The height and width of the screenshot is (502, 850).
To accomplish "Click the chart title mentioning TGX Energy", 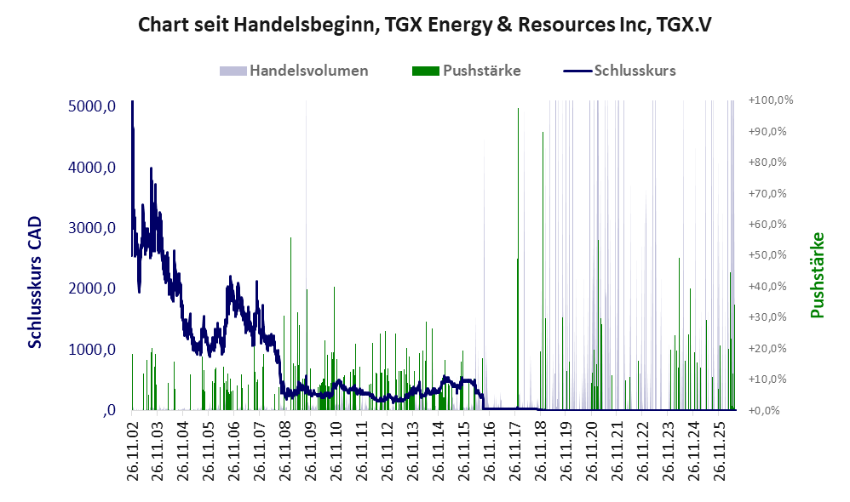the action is pyautogui.click(x=424, y=25).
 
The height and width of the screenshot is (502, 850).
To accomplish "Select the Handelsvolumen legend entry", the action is pyautogui.click(x=294, y=71).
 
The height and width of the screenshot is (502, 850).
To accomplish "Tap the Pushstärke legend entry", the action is pyautogui.click(x=466, y=71).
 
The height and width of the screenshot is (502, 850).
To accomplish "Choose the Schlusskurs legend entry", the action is pyautogui.click(x=619, y=71).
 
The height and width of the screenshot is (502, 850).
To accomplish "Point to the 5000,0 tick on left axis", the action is pyautogui.click(x=92, y=106).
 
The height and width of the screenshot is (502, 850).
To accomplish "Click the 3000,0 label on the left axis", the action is pyautogui.click(x=92, y=228).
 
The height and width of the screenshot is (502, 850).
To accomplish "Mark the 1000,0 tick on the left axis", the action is pyautogui.click(x=92, y=350).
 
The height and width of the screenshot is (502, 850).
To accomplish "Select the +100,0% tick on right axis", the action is pyautogui.click(x=770, y=100).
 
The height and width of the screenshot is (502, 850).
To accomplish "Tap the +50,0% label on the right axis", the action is pyautogui.click(x=767, y=255).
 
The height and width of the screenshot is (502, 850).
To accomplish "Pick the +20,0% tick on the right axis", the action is pyautogui.click(x=767, y=348).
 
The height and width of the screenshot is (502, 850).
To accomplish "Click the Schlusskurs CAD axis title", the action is pyautogui.click(x=35, y=282).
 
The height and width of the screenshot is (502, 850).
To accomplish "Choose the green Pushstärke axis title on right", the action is pyautogui.click(x=817, y=275).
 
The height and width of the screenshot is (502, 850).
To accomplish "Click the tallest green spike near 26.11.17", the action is pyautogui.click(x=518, y=259).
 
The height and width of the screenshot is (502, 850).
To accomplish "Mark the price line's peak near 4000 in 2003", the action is pyautogui.click(x=152, y=168).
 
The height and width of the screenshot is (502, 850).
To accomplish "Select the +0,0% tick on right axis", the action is pyautogui.click(x=764, y=410).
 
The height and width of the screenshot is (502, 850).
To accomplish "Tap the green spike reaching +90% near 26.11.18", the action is pyautogui.click(x=543, y=271).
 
